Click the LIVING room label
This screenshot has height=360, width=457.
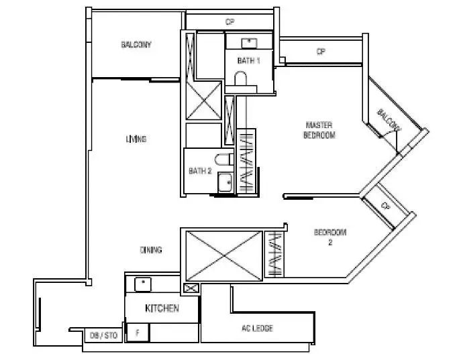(136, 139)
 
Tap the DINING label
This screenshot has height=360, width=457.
(151, 250)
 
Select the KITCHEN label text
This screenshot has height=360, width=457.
(162, 308)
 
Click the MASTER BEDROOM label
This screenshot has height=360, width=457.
(319, 130)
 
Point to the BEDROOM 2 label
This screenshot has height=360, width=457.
(330, 237)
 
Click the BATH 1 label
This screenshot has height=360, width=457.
(248, 60)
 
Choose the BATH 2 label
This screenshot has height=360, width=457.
(200, 171)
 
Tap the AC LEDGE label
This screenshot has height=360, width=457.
(257, 328)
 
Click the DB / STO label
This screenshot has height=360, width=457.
(103, 335)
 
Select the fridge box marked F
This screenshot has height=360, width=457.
(138, 333)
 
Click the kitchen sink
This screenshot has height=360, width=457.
(143, 284)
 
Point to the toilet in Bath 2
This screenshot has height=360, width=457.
(224, 160)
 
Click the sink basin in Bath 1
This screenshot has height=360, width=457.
(249, 43)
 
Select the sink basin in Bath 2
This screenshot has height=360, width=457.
(225, 182)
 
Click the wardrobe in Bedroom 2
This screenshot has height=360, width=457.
(274, 254)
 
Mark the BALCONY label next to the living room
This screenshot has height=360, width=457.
(136, 44)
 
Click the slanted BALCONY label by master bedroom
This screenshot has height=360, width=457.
(389, 120)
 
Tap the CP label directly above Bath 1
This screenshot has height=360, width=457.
(230, 22)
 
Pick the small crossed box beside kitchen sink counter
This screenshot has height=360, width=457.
(191, 288)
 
